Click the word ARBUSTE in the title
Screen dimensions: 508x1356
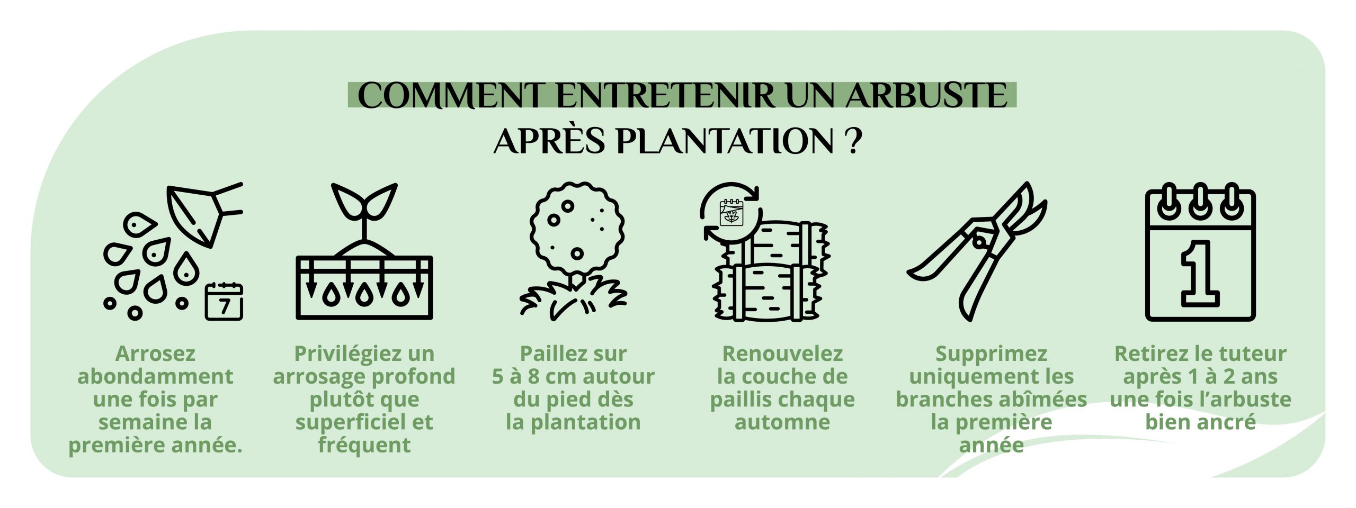pyautogui.click(x=926, y=96)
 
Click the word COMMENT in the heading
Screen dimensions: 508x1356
pyautogui.click(x=450, y=96)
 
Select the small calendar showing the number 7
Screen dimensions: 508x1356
pyautogui.click(x=224, y=302)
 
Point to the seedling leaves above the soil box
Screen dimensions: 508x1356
pyautogui.click(x=364, y=202)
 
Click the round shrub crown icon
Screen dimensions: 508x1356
pyautogui.click(x=576, y=228)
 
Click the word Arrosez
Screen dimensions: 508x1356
pyautogui.click(x=155, y=353)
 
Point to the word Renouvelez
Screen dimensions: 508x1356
pyautogui.click(x=782, y=353)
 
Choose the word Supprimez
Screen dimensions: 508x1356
pyautogui.click(x=991, y=353)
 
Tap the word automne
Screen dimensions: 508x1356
pyautogui.click(x=782, y=422)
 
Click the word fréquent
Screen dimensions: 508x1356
pyautogui.click(x=364, y=445)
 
